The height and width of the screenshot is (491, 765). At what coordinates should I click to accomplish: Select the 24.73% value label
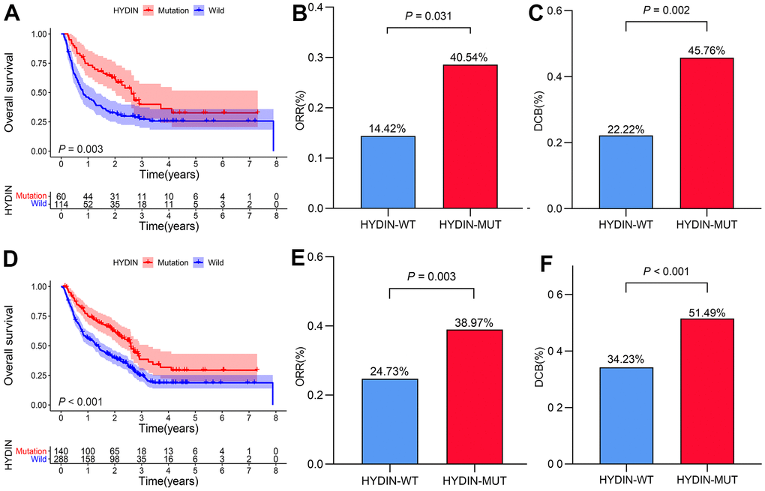point(388,371)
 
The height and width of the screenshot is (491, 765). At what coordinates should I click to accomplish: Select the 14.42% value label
point(388,128)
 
